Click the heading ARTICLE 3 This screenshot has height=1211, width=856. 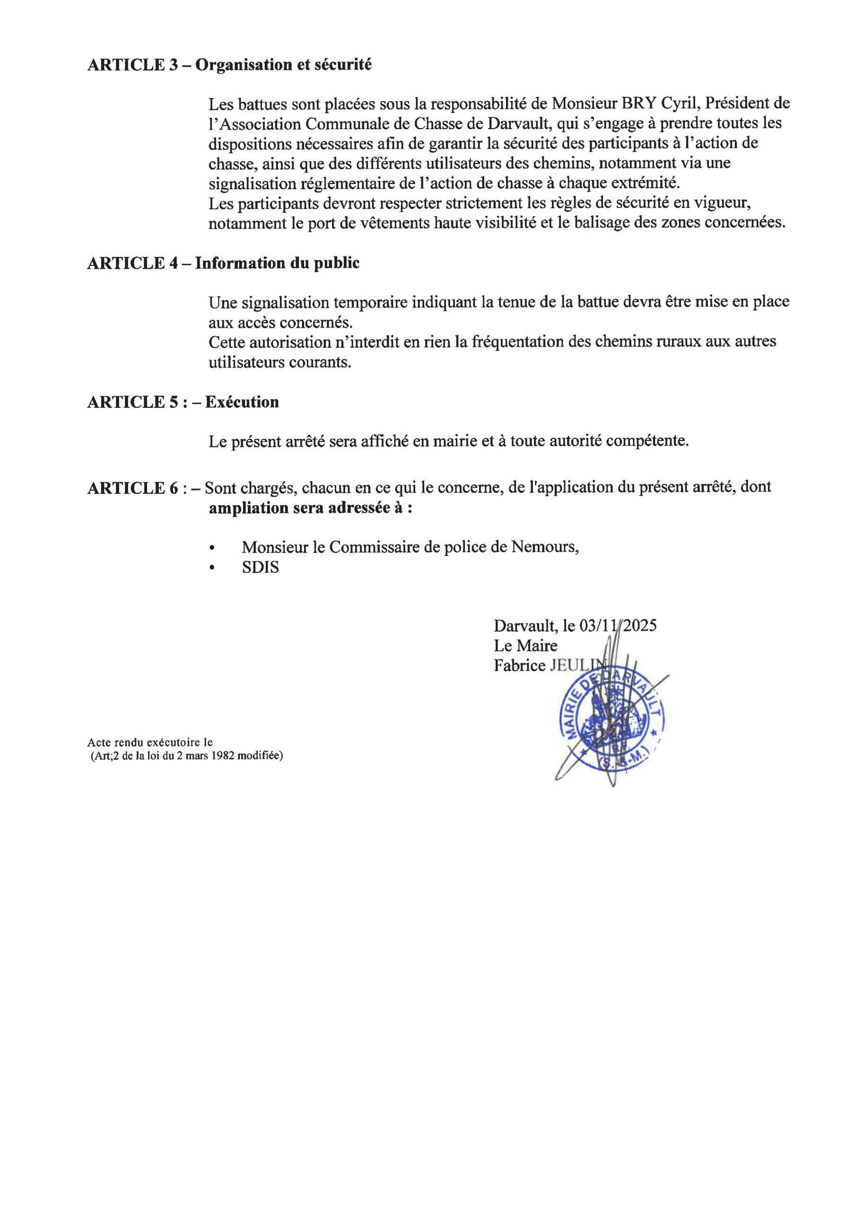(x=133, y=65)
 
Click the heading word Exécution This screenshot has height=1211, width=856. (x=242, y=403)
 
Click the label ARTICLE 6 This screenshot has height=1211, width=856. (x=133, y=488)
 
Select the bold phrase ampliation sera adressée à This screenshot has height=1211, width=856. (x=310, y=509)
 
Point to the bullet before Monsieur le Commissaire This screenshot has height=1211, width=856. (x=212, y=548)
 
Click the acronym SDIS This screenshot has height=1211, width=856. (x=260, y=568)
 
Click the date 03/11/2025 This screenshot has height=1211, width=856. (x=618, y=626)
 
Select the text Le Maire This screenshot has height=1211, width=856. (x=525, y=646)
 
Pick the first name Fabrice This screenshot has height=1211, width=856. (x=519, y=666)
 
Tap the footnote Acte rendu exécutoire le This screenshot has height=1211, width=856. (x=150, y=743)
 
